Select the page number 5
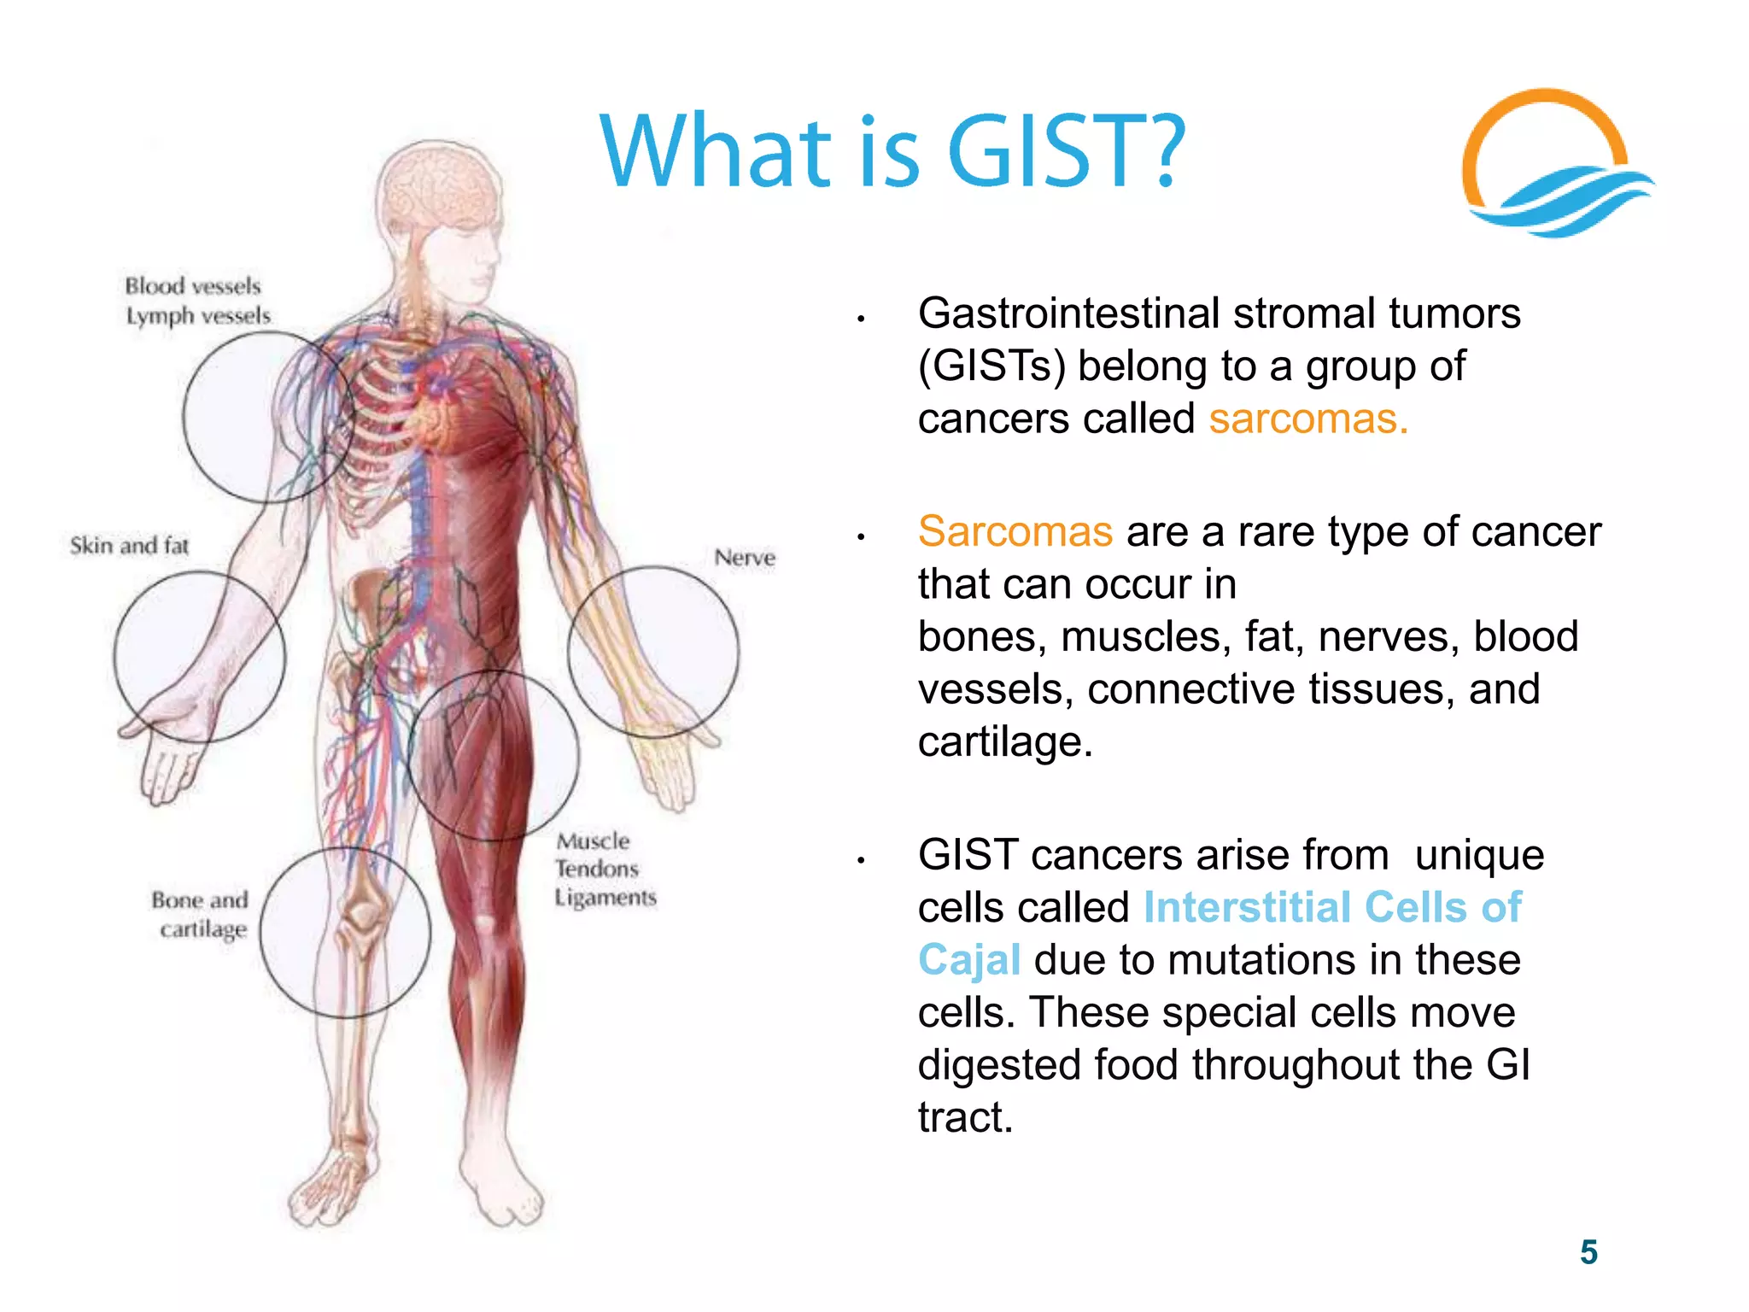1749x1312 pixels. coord(1588,1252)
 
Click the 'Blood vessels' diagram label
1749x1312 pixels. coord(193,286)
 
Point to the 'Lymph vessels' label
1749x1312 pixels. coord(198,316)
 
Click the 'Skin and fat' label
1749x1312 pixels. coord(129,546)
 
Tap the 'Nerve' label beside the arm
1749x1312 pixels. coord(745,558)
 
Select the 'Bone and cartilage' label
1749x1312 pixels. coord(201,914)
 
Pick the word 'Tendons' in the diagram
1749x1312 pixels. coord(597,869)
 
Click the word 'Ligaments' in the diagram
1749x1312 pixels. coord(605,898)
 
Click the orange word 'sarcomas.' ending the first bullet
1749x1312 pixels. coord(1307,419)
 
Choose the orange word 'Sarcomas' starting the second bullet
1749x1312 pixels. coord(1015,532)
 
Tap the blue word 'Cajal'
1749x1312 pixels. coord(969,960)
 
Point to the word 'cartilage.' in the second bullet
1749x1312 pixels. coord(1005,741)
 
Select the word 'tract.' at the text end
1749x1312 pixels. coord(965,1117)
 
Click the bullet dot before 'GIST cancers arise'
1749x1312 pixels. coord(862,860)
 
